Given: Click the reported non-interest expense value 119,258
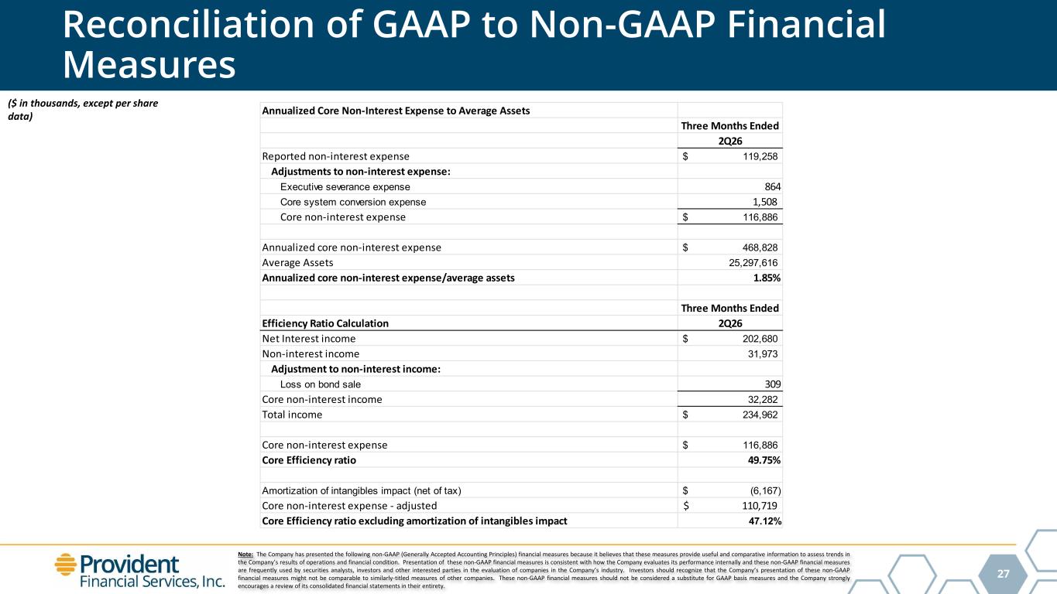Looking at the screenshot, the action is (x=760, y=156).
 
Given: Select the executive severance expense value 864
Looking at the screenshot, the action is (x=773, y=186).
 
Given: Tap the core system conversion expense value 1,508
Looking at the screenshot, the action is (x=764, y=202).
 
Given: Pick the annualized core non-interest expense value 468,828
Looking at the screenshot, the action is (x=760, y=247).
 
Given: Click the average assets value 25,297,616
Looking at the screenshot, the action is (x=753, y=263).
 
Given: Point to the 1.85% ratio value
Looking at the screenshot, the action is (x=767, y=278).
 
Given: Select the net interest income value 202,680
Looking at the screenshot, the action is (x=760, y=339).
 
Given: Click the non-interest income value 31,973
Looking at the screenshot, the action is (x=763, y=353).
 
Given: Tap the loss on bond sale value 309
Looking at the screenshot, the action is (x=773, y=384).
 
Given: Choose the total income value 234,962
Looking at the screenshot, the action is (x=760, y=415).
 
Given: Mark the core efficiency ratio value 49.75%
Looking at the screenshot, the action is (x=764, y=460).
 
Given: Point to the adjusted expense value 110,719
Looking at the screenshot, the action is (x=760, y=506).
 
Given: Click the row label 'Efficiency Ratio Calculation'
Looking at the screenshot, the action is (x=325, y=323).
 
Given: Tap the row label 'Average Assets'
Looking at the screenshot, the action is (x=297, y=263).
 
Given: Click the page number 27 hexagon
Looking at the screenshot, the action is (x=1003, y=573).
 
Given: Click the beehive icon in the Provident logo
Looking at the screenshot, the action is (x=66, y=565).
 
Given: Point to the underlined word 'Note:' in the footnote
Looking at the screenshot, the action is (x=245, y=555).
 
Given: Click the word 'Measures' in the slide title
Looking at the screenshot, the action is (x=149, y=65).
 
